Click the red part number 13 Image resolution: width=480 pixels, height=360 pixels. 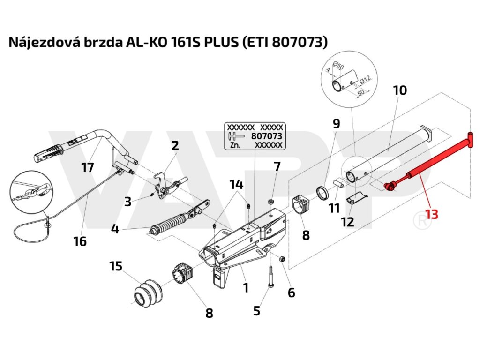tap(432, 214)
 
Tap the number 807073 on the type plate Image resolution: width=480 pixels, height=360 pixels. tap(267, 136)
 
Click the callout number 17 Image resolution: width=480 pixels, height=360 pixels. tap(88, 167)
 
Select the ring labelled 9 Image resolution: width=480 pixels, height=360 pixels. tap(322, 193)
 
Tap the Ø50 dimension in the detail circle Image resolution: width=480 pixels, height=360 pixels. tap(338, 65)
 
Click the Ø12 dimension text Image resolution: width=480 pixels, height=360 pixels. tap(366, 80)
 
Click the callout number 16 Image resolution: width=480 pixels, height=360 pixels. tap(80, 241)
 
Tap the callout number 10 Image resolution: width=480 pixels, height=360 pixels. tap(400, 90)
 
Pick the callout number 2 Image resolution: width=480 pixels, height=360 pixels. tap(175, 145)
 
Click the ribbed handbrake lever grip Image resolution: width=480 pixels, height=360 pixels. tap(49, 152)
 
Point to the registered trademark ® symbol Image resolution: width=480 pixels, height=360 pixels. tap(422, 220)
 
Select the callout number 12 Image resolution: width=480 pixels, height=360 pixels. tap(347, 222)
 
